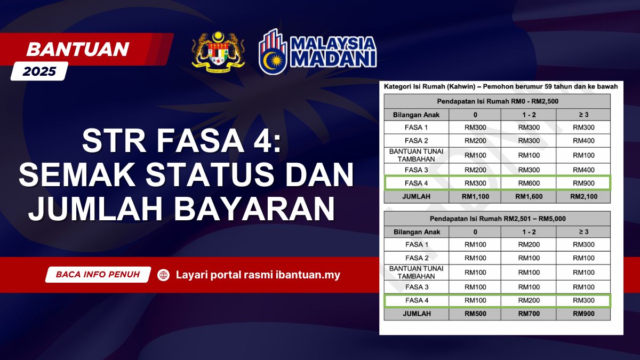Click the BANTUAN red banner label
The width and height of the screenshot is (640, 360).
pyautogui.click(x=78, y=49)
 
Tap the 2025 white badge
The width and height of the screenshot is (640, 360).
pyautogui.click(x=39, y=71)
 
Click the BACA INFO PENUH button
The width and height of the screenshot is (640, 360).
pyautogui.click(x=98, y=275)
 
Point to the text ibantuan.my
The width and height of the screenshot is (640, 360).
pyautogui.click(x=308, y=275)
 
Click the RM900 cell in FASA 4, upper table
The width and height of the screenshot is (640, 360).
pyautogui.click(x=583, y=183)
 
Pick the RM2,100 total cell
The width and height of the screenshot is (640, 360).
pyautogui.click(x=583, y=197)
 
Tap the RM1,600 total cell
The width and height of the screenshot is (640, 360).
pyautogui.click(x=529, y=197)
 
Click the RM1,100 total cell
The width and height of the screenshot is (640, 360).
pyautogui.click(x=475, y=197)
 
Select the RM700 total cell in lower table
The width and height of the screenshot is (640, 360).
pyautogui.click(x=529, y=314)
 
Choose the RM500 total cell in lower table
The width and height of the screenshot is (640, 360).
pyautogui.click(x=475, y=314)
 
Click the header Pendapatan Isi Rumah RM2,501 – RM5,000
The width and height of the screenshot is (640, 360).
pyautogui.click(x=498, y=219)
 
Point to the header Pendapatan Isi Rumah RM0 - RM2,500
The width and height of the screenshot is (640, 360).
pyautogui.click(x=498, y=101)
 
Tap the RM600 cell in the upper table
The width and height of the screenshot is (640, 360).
pyautogui.click(x=529, y=183)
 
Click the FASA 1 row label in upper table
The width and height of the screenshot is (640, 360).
pyautogui.click(x=417, y=127)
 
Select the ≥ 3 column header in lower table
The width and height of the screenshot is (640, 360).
pyautogui.click(x=583, y=232)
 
